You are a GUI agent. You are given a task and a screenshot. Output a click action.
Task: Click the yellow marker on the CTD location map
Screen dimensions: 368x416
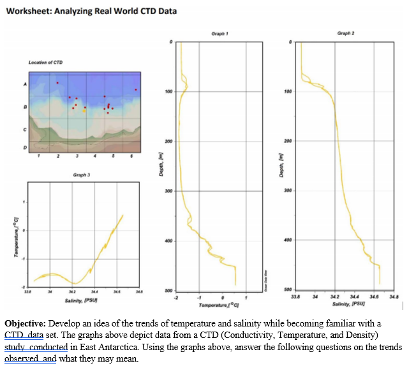tap(84, 110)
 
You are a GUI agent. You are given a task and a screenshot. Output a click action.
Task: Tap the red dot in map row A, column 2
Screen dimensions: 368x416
tap(57, 83)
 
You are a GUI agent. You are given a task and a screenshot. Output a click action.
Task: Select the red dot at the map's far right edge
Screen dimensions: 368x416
tap(136, 89)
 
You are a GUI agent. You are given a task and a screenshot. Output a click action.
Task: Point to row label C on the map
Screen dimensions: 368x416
tap(26, 130)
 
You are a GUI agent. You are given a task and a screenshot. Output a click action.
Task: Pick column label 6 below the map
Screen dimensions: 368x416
tap(132, 156)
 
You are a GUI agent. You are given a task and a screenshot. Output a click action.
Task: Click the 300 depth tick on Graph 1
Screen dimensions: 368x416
tap(168, 191)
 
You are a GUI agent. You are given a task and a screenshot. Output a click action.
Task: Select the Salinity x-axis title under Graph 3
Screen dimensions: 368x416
tap(82, 300)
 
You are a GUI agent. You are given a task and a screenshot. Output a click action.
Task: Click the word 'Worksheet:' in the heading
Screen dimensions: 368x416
tap(28, 11)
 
